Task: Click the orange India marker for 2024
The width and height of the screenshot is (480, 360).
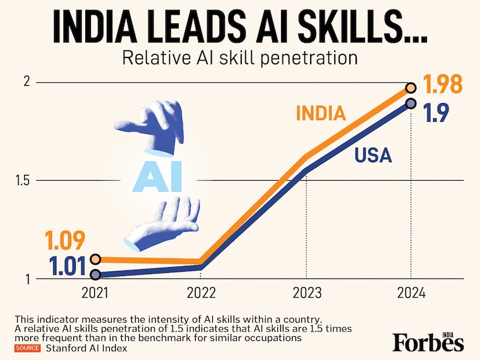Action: (x=411, y=88)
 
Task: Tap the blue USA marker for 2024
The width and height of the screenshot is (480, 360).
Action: (x=411, y=103)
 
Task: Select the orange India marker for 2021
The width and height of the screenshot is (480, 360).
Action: (x=95, y=259)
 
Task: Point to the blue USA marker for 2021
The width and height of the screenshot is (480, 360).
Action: (x=95, y=275)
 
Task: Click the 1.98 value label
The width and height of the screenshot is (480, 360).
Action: (x=441, y=84)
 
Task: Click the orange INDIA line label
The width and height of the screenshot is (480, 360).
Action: (x=321, y=114)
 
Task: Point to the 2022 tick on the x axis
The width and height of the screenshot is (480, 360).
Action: (x=201, y=294)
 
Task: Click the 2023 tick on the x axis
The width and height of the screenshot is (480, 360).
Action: (x=306, y=294)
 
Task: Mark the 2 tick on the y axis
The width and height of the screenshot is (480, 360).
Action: (x=27, y=82)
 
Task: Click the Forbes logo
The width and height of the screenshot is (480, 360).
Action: (x=428, y=341)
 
